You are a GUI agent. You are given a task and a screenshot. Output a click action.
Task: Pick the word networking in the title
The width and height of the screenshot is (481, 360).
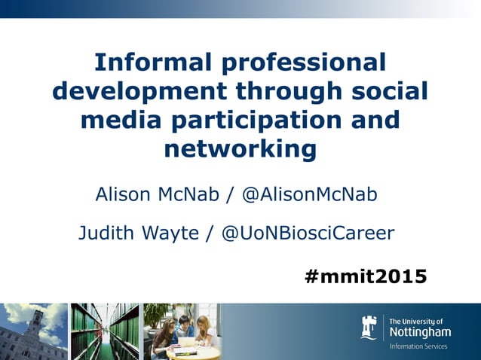(240, 149)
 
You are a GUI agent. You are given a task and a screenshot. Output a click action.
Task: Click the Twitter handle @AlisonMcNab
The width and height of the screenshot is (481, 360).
(309, 194)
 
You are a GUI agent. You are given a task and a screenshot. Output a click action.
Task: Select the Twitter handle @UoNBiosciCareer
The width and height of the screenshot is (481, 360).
(308, 233)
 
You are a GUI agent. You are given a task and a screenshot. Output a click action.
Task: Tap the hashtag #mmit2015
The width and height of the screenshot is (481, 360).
(366, 276)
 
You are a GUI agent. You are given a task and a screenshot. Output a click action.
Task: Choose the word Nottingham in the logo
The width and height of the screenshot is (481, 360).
(420, 331)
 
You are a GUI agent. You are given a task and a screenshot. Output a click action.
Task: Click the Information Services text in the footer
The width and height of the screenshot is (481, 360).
(418, 346)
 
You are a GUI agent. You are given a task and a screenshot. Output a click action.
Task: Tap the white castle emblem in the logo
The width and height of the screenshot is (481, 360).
(369, 328)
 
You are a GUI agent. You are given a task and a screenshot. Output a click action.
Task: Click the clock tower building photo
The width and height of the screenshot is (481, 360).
(32, 331)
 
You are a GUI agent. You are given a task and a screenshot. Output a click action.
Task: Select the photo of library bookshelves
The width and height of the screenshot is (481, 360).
(104, 331)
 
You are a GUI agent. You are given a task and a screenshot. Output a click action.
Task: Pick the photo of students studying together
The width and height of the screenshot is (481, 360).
(181, 331)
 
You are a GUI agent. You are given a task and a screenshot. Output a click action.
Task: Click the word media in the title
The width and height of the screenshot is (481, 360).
(112, 120)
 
